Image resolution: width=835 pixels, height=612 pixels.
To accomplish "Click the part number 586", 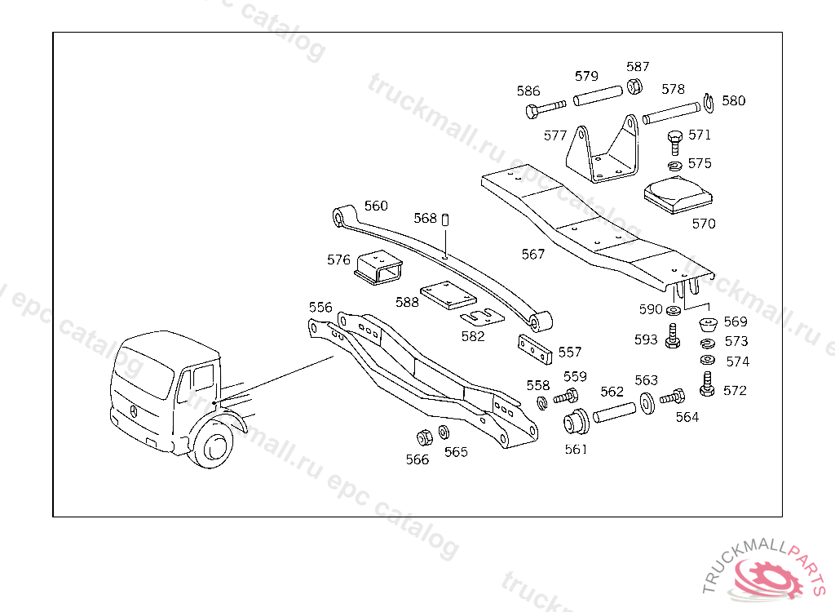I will coord(528,91).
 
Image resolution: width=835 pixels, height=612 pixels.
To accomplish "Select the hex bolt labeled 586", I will coord(541,109).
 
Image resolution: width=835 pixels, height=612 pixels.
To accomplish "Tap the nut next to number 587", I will coord(634,86).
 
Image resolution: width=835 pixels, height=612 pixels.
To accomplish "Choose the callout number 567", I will coord(533,255).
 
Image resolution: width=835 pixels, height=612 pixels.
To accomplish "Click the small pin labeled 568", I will coord(446,220).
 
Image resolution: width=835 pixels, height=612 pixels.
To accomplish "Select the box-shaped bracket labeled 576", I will coord(378,266).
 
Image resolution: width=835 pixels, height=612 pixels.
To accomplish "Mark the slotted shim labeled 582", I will coord(482,317).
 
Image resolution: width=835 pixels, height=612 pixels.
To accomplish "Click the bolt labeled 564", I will coord(672,398).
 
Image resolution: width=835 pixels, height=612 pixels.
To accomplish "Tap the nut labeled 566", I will coord(424,436).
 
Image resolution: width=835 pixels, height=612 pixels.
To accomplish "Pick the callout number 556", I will coord(320,307).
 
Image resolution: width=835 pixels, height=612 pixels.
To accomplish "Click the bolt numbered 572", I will coord(707,385).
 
